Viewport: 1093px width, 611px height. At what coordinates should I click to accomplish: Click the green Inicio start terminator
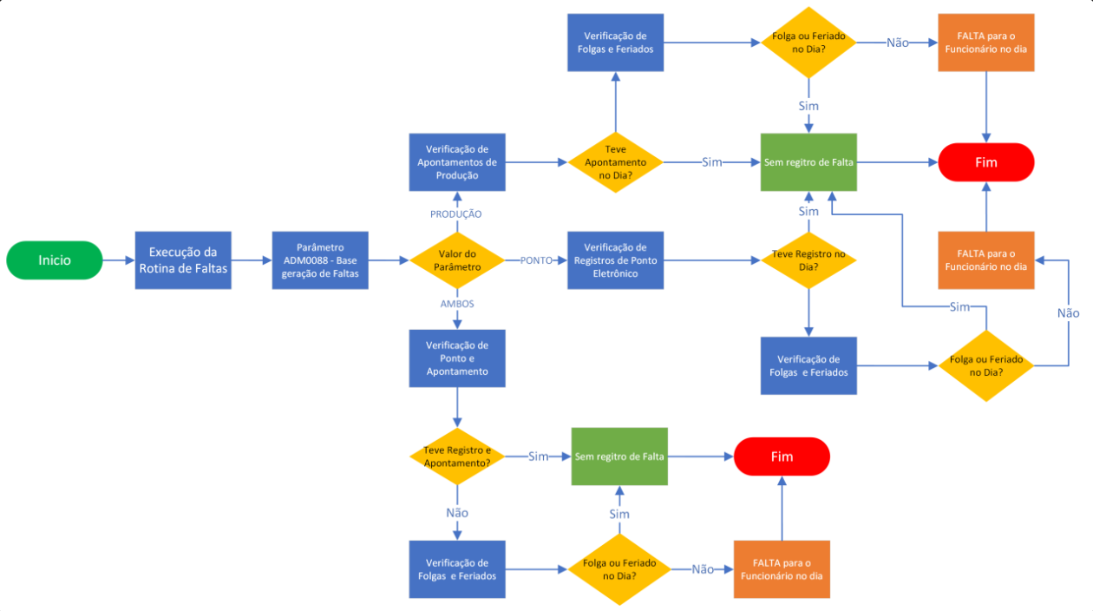click(x=54, y=260)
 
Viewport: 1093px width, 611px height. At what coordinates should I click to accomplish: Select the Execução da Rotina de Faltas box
click(x=183, y=260)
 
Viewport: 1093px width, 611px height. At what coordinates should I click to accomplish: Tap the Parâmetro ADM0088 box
click(x=320, y=260)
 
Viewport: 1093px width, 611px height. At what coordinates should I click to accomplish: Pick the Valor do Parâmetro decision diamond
click(x=458, y=260)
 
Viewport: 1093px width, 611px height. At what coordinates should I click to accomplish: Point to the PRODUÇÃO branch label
click(x=456, y=214)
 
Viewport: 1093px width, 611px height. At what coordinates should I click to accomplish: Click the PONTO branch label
click(x=536, y=260)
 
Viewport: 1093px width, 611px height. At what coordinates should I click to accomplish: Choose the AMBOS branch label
click(x=457, y=304)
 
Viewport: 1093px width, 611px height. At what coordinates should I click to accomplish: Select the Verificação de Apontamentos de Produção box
click(x=457, y=162)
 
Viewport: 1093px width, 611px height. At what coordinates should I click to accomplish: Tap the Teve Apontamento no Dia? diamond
click(x=616, y=162)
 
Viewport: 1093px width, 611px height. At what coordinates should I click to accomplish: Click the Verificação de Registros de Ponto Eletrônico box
click(x=615, y=260)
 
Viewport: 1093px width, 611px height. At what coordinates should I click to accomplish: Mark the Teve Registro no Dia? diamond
click(x=808, y=260)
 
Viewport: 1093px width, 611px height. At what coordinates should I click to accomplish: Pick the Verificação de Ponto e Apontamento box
click(x=457, y=358)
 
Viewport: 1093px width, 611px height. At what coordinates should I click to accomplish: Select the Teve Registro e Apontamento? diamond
click(x=457, y=457)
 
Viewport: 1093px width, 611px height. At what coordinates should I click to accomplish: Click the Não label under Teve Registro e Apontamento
click(x=457, y=513)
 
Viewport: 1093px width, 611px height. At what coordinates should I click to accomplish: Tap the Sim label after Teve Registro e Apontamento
click(x=538, y=457)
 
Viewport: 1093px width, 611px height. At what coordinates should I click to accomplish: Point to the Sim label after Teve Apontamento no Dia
click(x=712, y=162)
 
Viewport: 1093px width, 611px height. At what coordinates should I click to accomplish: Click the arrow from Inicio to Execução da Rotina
click(x=118, y=260)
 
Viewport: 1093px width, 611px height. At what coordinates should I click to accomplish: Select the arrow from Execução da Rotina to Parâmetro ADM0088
click(x=252, y=260)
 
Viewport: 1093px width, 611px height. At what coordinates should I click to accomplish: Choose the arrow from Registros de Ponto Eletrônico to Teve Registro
click(x=711, y=260)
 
